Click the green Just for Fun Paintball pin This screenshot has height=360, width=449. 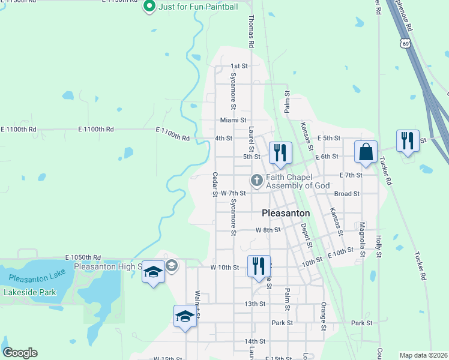[x=150, y=7]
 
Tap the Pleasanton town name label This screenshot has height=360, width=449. [x=286, y=213]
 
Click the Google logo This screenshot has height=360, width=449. [x=20, y=353]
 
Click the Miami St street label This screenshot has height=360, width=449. [x=234, y=120]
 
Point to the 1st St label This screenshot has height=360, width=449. [x=240, y=66]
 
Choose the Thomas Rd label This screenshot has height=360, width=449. [x=252, y=29]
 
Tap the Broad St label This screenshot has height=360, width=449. [x=346, y=194]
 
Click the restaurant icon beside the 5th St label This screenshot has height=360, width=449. [x=280, y=153]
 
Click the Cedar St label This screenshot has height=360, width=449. [x=214, y=184]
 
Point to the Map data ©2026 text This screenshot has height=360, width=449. [x=424, y=355]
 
